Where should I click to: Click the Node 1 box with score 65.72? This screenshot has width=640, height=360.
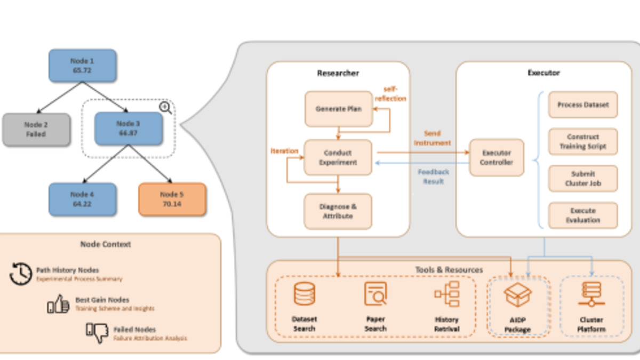click(x=82, y=66)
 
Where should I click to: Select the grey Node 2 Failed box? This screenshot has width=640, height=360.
click(x=36, y=130)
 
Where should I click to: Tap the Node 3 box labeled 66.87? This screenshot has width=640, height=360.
click(x=128, y=129)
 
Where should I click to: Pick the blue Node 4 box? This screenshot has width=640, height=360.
click(x=82, y=199)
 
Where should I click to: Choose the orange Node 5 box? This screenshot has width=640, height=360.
click(x=172, y=199)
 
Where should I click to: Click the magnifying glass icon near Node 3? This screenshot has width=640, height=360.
click(x=166, y=108)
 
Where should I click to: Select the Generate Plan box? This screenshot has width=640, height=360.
click(x=338, y=109)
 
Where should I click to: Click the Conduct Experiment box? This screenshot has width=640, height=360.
click(x=338, y=157)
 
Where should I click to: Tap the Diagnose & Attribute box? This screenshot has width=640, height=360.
click(x=338, y=211)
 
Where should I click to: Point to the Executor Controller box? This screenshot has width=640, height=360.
click(x=496, y=157)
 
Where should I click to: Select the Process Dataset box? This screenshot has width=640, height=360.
click(x=582, y=105)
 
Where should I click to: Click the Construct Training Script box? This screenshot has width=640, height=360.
click(x=582, y=142)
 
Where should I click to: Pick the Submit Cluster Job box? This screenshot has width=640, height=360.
click(x=582, y=179)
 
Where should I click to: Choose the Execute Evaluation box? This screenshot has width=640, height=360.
click(x=582, y=215)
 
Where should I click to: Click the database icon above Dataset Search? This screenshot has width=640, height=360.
click(x=305, y=294)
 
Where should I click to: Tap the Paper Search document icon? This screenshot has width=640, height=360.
click(x=375, y=293)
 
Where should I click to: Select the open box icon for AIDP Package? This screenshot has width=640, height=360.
click(x=518, y=295)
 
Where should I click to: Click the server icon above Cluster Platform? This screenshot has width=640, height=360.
click(x=591, y=295)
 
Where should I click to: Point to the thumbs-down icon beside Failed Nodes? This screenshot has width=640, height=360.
click(x=97, y=332)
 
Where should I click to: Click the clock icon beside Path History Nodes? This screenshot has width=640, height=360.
click(x=21, y=274)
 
